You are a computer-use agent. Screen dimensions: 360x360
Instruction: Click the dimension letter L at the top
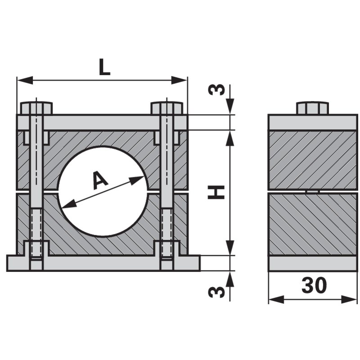click(x=104, y=67)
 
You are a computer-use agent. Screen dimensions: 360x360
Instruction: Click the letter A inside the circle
click(x=100, y=180)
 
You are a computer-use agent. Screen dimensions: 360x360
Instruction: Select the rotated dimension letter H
click(x=216, y=193)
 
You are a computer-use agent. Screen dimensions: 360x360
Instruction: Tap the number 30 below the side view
click(x=314, y=286)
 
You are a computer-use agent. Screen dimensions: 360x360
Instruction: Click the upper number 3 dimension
click(x=216, y=90)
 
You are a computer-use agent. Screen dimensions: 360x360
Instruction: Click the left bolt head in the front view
click(x=36, y=108)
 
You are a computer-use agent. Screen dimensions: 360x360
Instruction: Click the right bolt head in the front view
click(x=167, y=108)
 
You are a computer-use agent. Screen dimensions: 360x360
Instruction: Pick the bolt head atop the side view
click(x=312, y=108)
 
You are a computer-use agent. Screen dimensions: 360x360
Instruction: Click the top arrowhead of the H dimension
click(x=230, y=138)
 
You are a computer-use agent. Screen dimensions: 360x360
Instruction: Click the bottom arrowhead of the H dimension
click(x=230, y=247)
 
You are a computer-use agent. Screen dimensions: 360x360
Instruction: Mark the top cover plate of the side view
click(x=312, y=122)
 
